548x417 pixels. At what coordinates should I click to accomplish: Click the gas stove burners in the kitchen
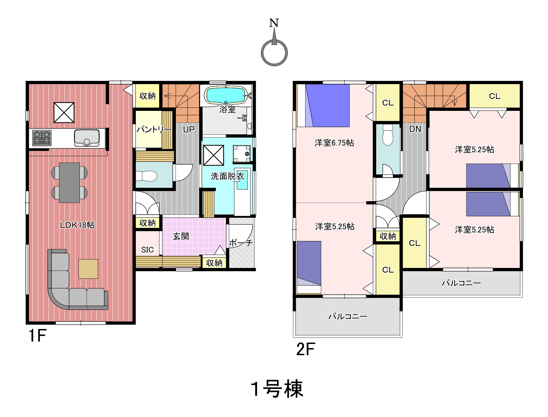[42, 137]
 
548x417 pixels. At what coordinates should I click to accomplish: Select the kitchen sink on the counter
[87, 138]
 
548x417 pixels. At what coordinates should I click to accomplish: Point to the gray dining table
[69, 183]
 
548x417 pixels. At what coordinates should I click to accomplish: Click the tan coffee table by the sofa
[88, 269]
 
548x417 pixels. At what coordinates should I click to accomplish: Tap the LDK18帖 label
[77, 225]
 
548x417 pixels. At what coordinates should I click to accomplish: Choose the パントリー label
[154, 129]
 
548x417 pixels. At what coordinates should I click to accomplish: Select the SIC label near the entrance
[147, 250]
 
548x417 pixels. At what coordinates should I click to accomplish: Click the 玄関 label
[181, 236]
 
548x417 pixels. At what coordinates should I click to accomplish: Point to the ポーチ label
[240, 243]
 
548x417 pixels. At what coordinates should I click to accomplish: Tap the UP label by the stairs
[189, 129]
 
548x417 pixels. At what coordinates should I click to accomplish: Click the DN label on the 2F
[415, 129]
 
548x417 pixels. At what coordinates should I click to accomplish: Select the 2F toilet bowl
[388, 135]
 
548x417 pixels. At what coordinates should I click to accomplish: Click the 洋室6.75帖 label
[334, 143]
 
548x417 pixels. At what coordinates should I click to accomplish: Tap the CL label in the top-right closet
[495, 96]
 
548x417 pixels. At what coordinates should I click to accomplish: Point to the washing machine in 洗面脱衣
[242, 154]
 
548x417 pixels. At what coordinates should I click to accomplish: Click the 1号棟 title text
[277, 389]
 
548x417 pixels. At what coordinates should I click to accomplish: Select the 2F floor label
[306, 349]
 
